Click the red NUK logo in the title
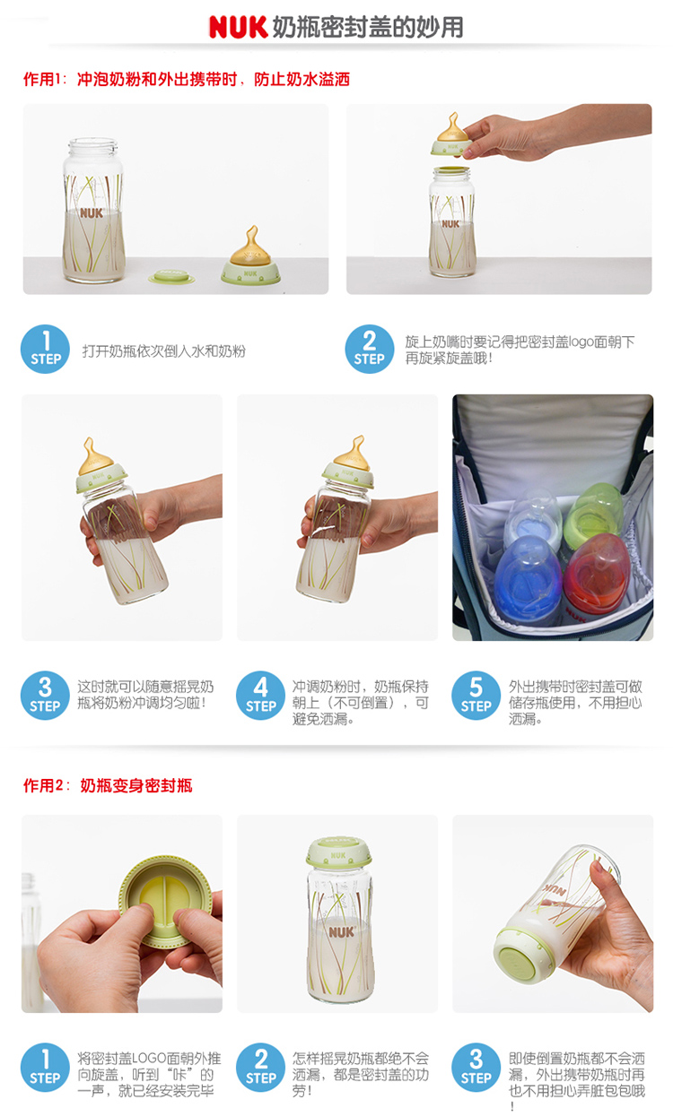[x=238, y=27]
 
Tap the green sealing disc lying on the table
[x=171, y=276]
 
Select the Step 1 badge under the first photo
[x=45, y=350]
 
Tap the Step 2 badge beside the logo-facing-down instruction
[x=369, y=350]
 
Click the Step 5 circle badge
[x=476, y=696]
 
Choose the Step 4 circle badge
[x=260, y=696]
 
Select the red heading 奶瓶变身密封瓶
[x=136, y=786]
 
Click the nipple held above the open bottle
[x=452, y=134]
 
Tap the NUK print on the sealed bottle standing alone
[x=341, y=931]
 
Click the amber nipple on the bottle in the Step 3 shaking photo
[x=95, y=456]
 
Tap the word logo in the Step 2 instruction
[x=581, y=342]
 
